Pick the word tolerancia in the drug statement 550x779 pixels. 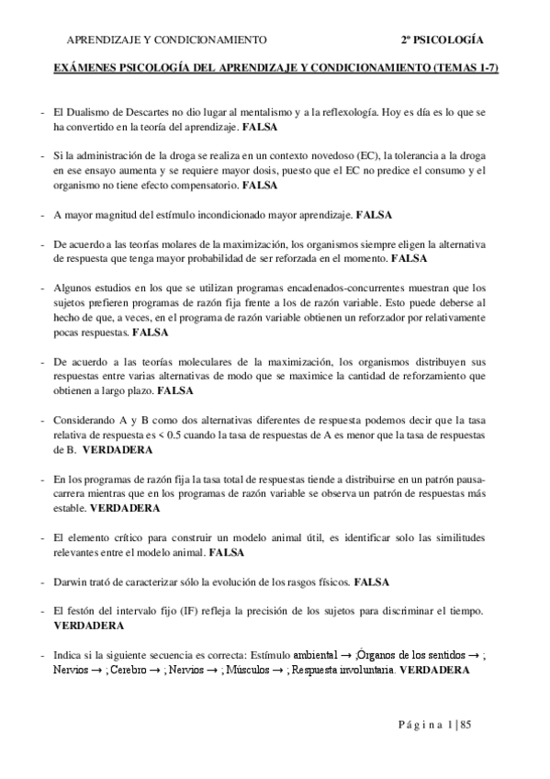coord(408,157)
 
